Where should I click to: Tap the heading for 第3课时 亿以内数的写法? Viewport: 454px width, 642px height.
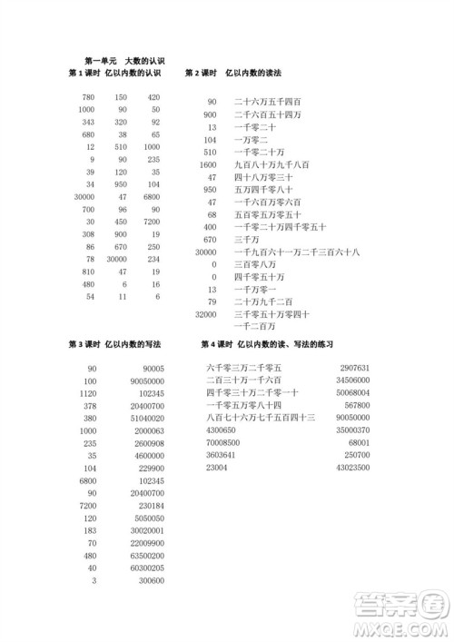[x=115, y=345]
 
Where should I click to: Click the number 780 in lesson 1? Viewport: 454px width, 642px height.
[x=88, y=97]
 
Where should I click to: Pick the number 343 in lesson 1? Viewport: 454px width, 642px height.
[x=88, y=122]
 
